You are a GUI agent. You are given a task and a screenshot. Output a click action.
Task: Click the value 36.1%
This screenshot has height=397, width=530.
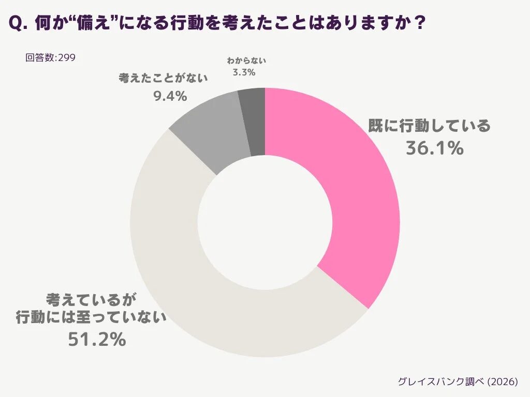click(434, 148)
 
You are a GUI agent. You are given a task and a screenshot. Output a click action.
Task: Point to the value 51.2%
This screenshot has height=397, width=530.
click(97, 339)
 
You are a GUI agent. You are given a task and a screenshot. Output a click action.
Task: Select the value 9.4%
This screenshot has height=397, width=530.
click(170, 96)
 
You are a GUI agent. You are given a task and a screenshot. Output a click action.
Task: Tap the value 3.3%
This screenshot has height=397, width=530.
click(244, 72)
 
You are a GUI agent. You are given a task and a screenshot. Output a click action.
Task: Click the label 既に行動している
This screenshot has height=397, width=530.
click(429, 126)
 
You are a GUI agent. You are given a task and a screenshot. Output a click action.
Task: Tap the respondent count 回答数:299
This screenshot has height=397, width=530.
click(50, 57)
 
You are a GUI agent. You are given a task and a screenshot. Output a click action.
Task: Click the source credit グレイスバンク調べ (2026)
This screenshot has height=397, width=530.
click(458, 381)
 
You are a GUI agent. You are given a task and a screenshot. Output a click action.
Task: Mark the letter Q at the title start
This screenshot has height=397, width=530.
click(16, 23)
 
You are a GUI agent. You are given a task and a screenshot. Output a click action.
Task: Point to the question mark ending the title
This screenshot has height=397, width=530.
click(420, 23)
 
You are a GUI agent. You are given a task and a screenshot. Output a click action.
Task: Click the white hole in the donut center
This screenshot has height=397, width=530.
click(264, 223)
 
